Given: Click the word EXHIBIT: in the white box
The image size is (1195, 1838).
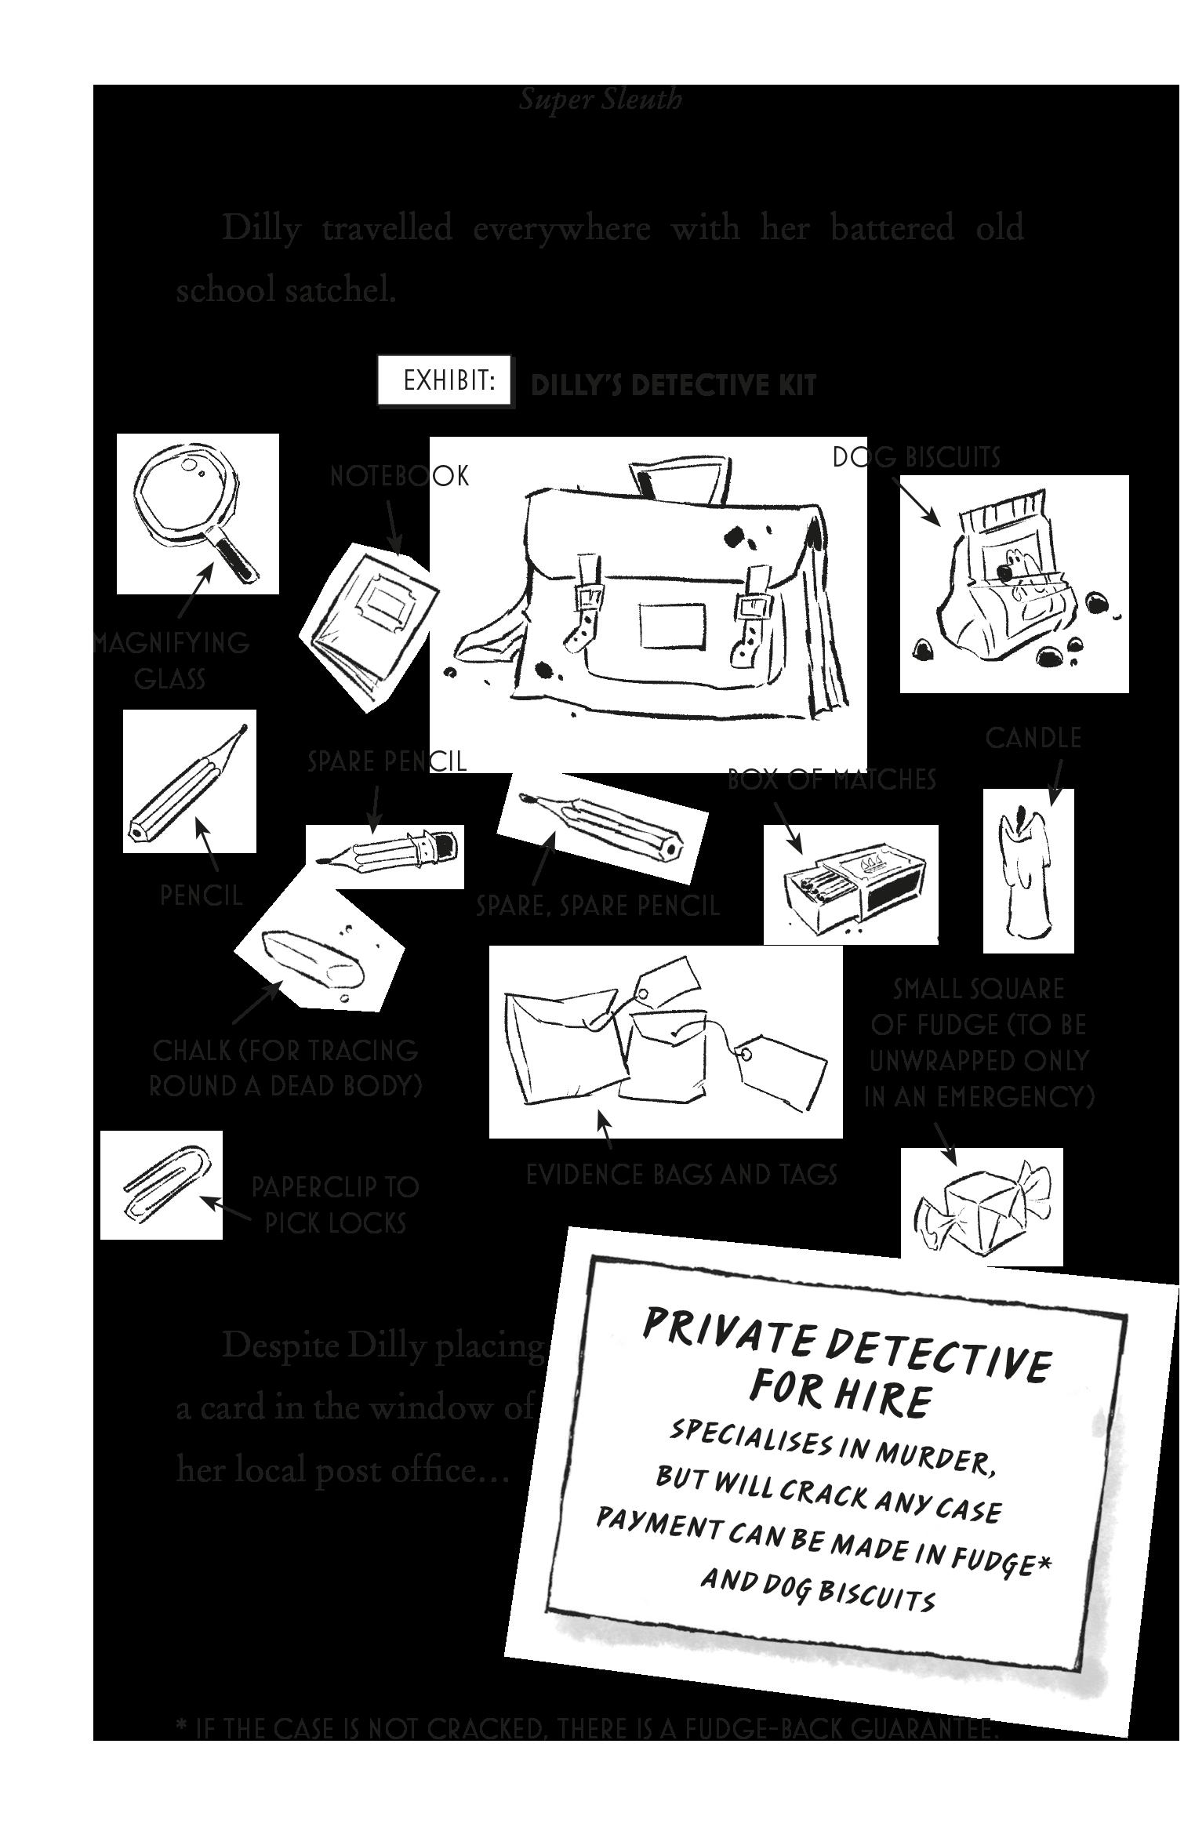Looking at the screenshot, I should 449,381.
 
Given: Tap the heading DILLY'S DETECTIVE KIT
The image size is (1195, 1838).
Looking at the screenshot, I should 674,386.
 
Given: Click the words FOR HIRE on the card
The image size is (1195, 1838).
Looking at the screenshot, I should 840,1399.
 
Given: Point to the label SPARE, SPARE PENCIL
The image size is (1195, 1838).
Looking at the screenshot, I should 597,906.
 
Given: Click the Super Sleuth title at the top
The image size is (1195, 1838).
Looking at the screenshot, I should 601,100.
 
